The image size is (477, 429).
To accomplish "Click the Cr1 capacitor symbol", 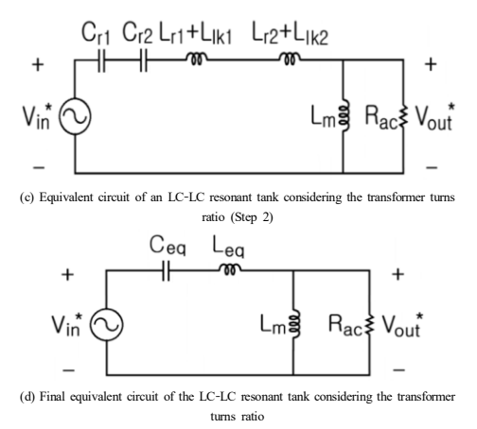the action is point(101,60).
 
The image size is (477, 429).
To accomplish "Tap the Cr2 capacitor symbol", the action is point(144,60).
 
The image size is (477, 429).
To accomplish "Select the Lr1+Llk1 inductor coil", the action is point(196,59).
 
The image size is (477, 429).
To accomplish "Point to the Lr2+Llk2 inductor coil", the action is point(290,59).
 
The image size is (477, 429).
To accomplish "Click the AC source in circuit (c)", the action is point(75,116).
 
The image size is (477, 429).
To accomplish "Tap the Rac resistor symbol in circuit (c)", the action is point(403,116).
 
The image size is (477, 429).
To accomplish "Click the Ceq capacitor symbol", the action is point(167,270).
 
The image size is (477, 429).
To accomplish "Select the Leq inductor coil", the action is point(230,269).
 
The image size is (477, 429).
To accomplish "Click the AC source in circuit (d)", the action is point(107,325).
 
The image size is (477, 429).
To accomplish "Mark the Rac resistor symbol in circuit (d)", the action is point(370,325).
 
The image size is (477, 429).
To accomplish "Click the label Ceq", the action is point(168,246).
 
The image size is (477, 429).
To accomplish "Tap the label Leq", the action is point(228,247).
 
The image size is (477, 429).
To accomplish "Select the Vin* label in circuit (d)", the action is point(67,324).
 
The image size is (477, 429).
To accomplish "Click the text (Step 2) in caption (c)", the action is point(252,217).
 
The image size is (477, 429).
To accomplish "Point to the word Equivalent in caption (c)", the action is point(66,197).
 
